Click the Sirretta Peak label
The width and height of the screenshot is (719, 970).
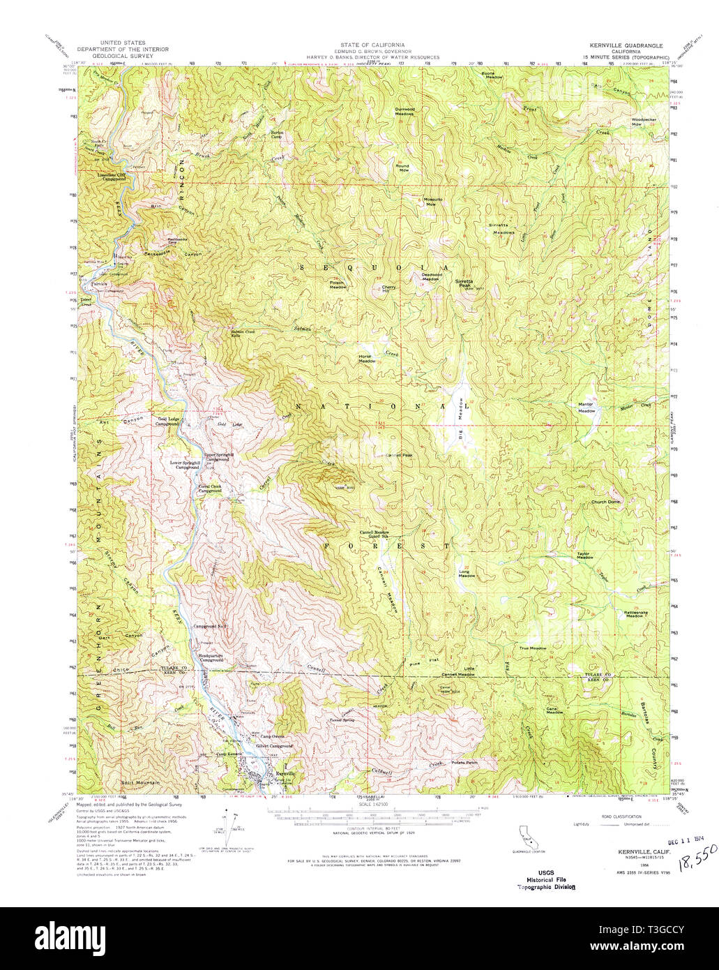464,283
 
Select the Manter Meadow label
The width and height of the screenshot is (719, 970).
586,408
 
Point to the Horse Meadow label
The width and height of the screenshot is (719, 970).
367,357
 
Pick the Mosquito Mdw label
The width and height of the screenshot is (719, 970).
431,202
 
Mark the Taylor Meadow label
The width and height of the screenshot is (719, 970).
584,555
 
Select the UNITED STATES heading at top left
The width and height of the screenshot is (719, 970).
119,43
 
